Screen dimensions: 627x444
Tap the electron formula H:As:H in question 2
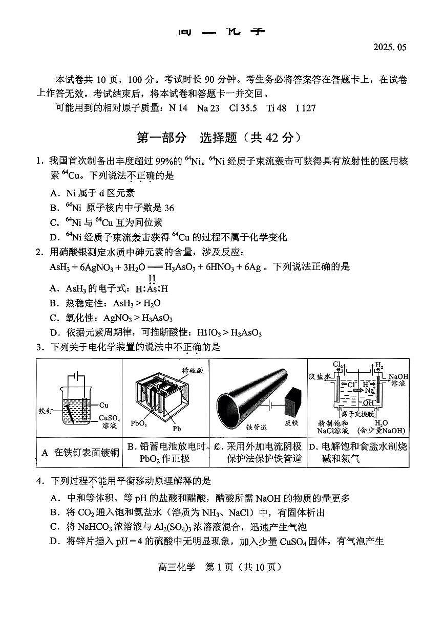152,288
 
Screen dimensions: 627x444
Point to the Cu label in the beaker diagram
104,405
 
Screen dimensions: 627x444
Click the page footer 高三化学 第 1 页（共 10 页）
221,567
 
